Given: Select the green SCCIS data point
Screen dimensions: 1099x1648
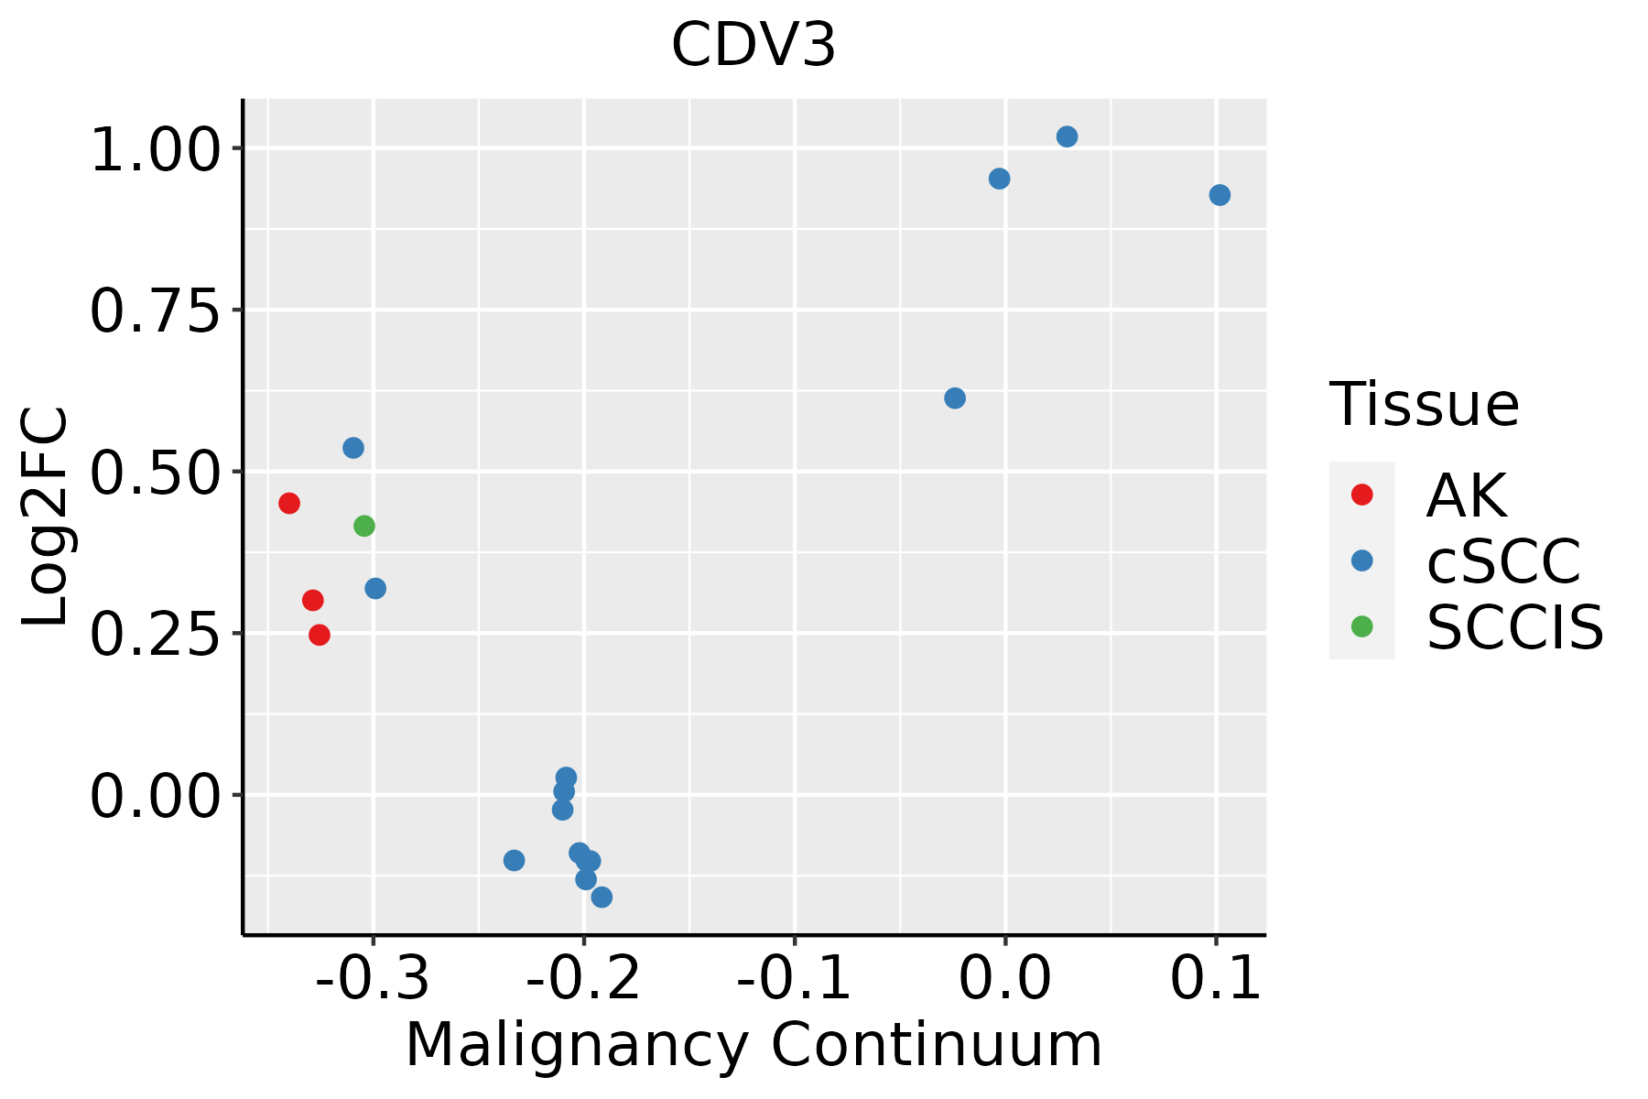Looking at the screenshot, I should [x=364, y=526].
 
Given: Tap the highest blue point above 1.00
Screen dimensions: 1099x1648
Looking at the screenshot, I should [x=1067, y=136].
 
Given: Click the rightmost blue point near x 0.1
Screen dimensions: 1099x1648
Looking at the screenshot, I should [x=1220, y=195].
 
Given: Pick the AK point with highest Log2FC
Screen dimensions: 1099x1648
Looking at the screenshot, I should [x=289, y=503].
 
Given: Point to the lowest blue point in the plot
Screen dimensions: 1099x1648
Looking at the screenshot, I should [x=602, y=897].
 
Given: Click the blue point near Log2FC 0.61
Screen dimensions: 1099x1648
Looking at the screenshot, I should [x=955, y=397].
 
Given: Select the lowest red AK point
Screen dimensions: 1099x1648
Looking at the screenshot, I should [x=320, y=635].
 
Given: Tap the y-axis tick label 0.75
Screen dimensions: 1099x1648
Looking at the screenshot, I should [x=156, y=312].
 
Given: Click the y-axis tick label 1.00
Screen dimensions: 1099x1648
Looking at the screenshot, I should [x=156, y=150].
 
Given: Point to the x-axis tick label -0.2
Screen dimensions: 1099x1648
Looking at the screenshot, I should [x=583, y=979].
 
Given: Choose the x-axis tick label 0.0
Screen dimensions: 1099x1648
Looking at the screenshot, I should [x=1005, y=979].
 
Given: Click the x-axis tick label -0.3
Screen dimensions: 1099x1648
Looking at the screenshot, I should [x=373, y=979].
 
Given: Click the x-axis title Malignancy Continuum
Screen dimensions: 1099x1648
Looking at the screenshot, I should [x=754, y=1045].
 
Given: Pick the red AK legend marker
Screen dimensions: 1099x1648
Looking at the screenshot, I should [x=1362, y=495].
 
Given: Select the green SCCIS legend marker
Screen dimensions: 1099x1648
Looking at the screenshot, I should [x=1362, y=626].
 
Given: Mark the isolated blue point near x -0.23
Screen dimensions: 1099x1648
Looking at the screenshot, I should [x=515, y=860].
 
